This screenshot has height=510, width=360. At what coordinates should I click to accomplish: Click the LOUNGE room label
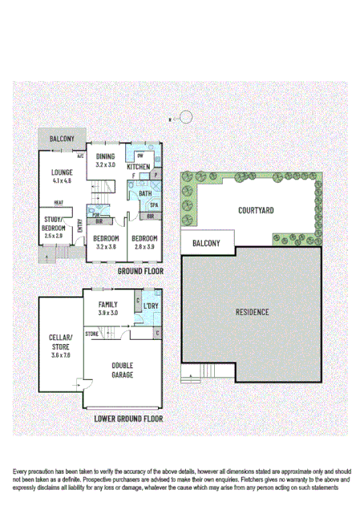click(x=62, y=172)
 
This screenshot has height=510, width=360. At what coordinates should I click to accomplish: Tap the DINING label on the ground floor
click(x=106, y=156)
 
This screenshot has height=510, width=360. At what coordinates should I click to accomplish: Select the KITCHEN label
click(x=138, y=167)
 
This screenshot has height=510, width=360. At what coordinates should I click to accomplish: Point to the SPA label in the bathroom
click(x=154, y=206)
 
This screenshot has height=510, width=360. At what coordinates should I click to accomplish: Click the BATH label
click(x=144, y=194)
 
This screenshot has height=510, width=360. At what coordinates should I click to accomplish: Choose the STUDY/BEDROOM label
click(x=54, y=224)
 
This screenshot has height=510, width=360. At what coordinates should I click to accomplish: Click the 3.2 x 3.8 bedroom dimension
click(x=106, y=248)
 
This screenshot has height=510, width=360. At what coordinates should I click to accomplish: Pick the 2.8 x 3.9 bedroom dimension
click(x=144, y=248)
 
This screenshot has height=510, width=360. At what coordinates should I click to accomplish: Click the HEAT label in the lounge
click(x=59, y=203)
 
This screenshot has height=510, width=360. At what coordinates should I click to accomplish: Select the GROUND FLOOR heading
click(x=140, y=272)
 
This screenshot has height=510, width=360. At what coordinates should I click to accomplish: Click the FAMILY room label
click(x=107, y=305)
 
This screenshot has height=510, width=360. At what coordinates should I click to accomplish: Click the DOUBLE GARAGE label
click(x=122, y=370)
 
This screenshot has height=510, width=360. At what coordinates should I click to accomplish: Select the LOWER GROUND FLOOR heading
click(x=128, y=419)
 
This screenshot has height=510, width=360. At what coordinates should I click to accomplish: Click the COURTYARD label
click(x=256, y=211)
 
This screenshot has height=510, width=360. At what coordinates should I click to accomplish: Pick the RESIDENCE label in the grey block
click(x=252, y=311)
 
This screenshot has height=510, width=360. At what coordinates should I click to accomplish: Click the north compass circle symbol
click(x=186, y=117)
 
